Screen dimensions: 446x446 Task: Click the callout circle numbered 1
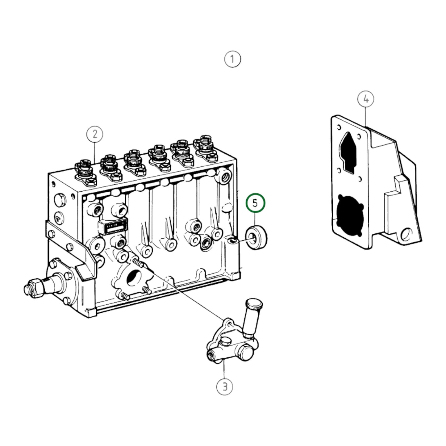232,59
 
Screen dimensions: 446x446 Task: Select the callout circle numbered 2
95,134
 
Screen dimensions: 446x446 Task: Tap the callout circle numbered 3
225,386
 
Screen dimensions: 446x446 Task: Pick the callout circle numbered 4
366,99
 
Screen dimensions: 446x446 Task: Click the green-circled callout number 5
255,203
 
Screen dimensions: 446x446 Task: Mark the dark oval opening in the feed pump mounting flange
134,276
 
